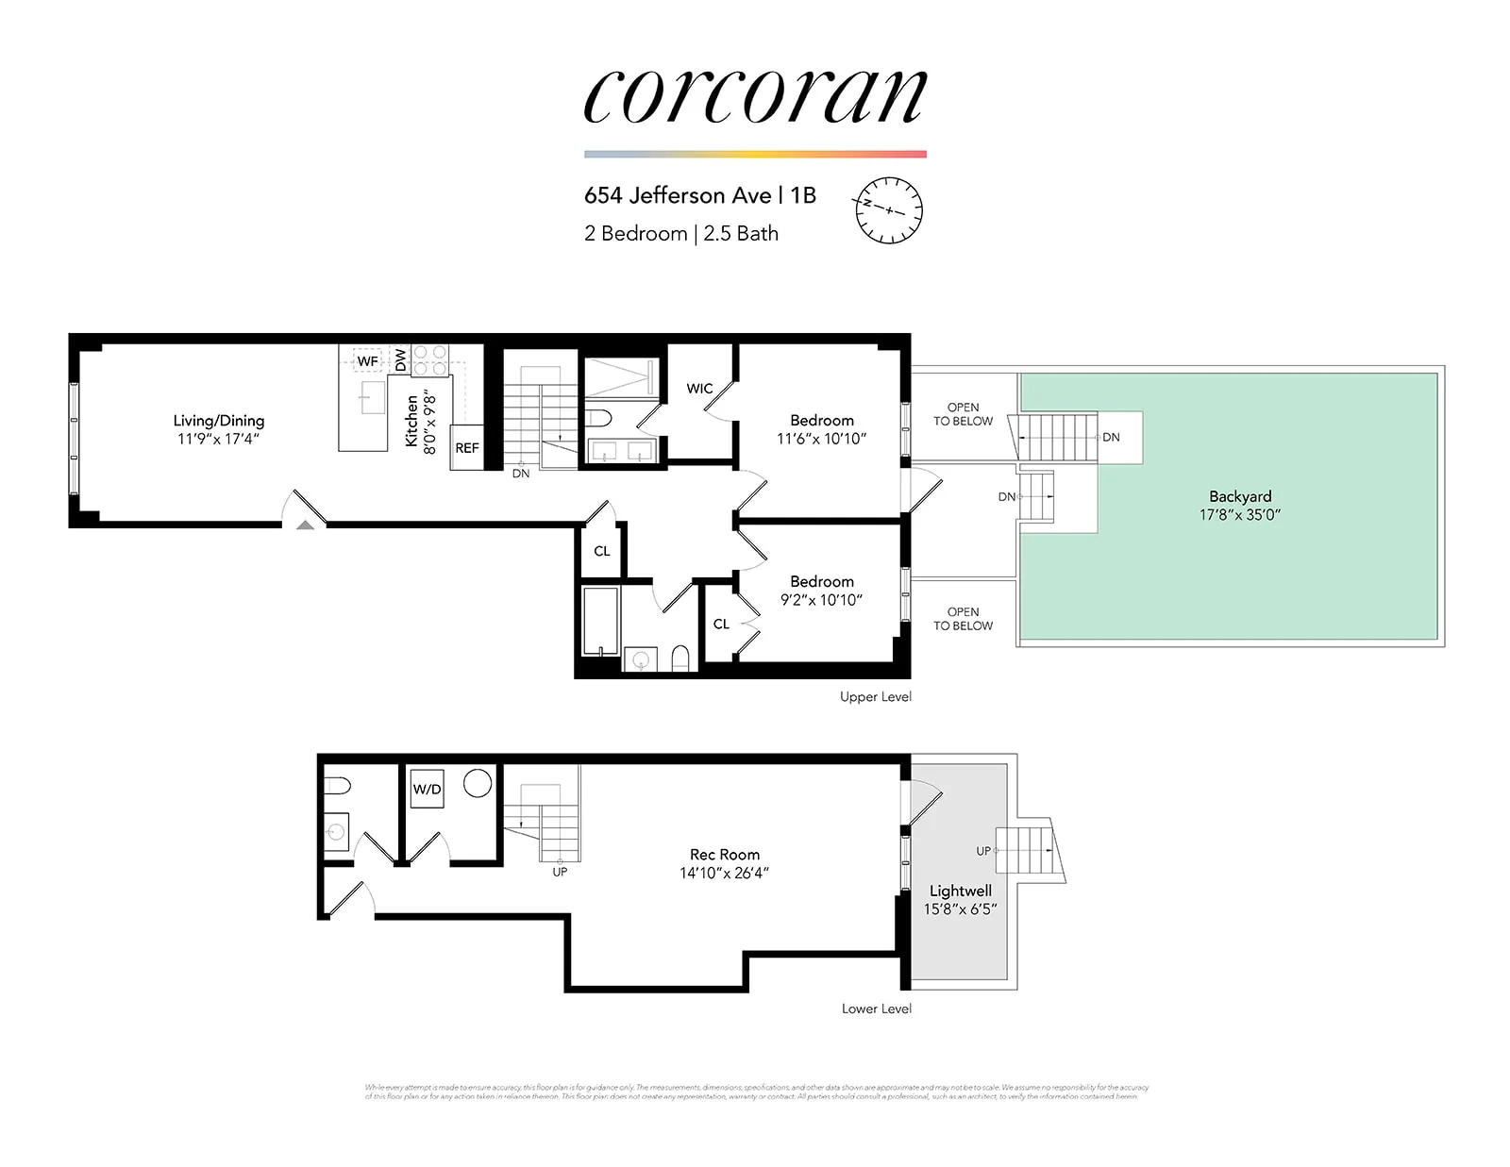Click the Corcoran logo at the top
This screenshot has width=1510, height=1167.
tap(755, 96)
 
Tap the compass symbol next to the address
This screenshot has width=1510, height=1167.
tap(888, 210)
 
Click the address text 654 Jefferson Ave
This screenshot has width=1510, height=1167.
tap(678, 195)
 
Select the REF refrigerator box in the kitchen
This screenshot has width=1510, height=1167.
tap(467, 448)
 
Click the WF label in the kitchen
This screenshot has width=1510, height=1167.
tap(367, 361)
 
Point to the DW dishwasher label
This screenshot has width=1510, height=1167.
tap(400, 359)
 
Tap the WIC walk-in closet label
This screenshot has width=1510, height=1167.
tap(699, 389)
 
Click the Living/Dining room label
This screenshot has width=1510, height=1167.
tap(218, 421)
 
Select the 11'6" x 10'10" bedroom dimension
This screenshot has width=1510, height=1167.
tap(821, 439)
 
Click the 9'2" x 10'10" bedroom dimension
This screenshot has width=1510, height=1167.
tap(821, 600)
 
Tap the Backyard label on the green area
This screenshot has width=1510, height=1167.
tap(1240, 496)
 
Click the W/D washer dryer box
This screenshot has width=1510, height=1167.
tap(427, 790)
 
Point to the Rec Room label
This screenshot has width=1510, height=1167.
tap(724, 855)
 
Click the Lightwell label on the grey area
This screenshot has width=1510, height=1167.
tap(960, 891)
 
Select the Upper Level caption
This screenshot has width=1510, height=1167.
tap(876, 697)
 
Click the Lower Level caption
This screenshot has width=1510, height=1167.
tap(876, 1009)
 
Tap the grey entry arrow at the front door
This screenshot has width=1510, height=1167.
tap(305, 525)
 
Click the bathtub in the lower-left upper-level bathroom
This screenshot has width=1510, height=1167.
tap(600, 621)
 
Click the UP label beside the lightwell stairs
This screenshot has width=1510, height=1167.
tap(983, 851)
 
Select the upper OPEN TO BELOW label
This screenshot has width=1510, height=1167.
tap(963, 414)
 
